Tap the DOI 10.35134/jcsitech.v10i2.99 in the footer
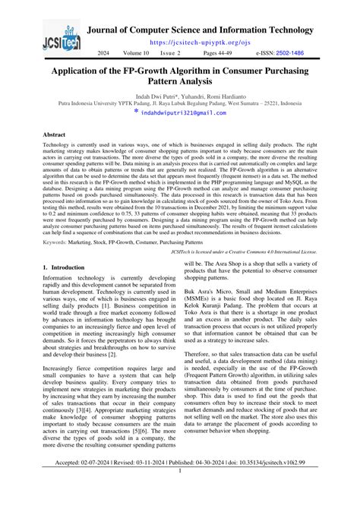tap(283, 483)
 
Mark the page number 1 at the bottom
tap(180, 492)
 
